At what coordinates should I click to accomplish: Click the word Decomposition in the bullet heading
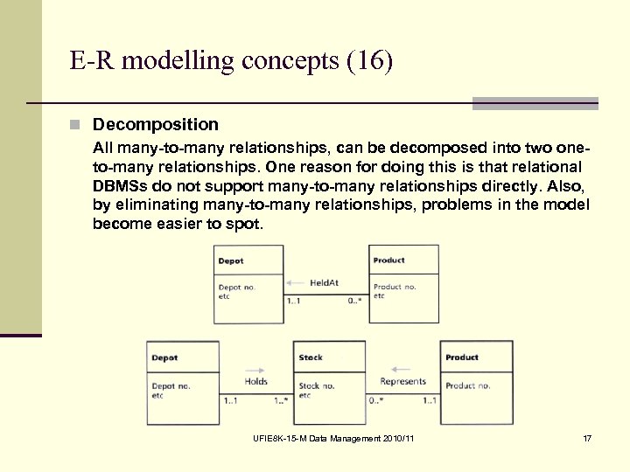pyautogui.click(x=155, y=125)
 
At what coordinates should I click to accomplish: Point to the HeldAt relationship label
pyautogui.click(x=324, y=282)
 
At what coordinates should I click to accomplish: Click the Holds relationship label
pyautogui.click(x=256, y=381)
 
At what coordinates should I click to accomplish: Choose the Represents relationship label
pyautogui.click(x=402, y=381)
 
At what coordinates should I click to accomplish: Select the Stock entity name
pyautogui.click(x=311, y=357)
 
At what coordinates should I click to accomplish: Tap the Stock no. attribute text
pyautogui.click(x=316, y=385)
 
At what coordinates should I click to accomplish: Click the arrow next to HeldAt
pyautogui.click(x=296, y=282)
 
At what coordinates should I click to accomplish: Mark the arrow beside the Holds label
pyautogui.click(x=255, y=369)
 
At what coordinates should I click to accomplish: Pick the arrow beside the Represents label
pyautogui.click(x=402, y=369)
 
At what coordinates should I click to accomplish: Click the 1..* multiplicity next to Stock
pyautogui.click(x=281, y=401)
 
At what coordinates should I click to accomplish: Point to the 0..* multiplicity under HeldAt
pyautogui.click(x=354, y=301)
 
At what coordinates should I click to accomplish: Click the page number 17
pyautogui.click(x=586, y=437)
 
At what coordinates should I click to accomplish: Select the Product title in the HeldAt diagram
pyautogui.click(x=388, y=260)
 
